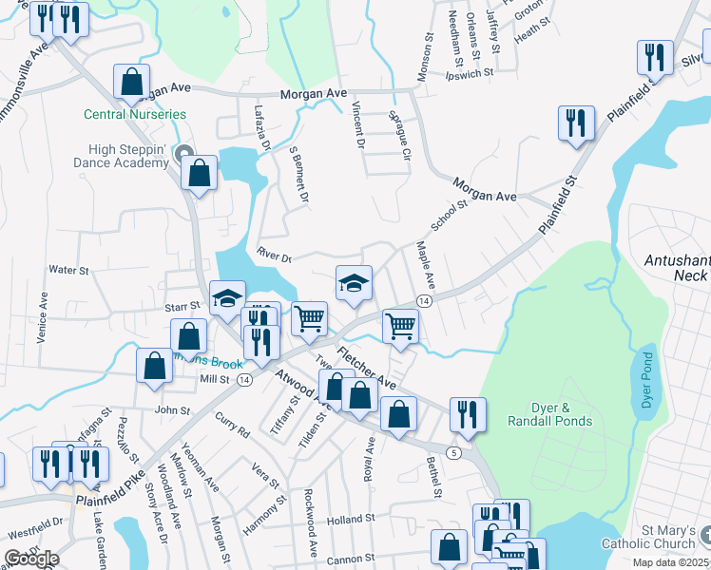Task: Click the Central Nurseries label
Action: tap(135, 114)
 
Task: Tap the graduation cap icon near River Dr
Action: tap(354, 283)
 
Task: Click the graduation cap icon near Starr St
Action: tap(227, 299)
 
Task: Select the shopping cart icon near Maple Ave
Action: tap(401, 326)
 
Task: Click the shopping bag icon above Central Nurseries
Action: tap(131, 82)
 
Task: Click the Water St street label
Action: tap(67, 270)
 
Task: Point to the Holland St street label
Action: tap(351, 520)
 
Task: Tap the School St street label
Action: tap(450, 215)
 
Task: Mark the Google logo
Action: tap(31, 559)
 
